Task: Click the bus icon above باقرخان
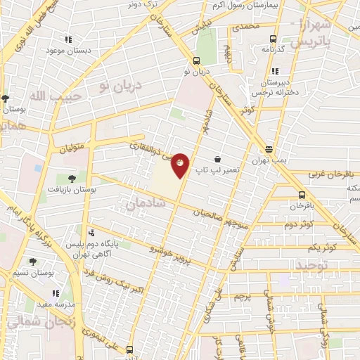[x=302, y=195]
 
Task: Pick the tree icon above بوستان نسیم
[x=33, y=262]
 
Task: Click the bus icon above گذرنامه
[x=271, y=39]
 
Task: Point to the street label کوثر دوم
[x=298, y=225]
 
